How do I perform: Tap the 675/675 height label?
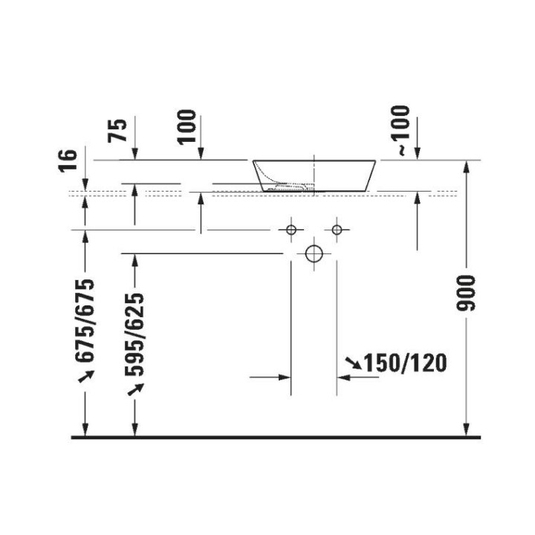point(88,321)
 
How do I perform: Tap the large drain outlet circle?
point(314,254)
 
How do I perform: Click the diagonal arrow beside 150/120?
point(353,363)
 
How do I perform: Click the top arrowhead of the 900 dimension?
point(467,166)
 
